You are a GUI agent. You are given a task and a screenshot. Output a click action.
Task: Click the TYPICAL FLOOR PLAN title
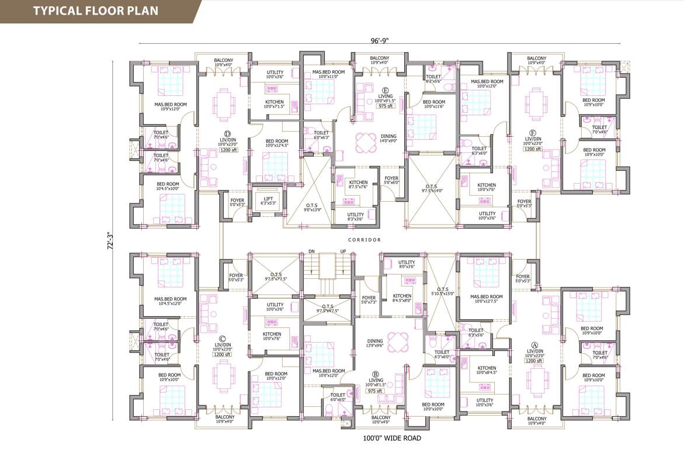click(95, 11)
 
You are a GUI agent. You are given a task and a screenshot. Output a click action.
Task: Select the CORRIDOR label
click(364, 240)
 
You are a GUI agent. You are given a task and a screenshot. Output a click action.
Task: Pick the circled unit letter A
click(533, 344)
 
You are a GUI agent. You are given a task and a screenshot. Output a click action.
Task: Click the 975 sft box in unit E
click(384, 106)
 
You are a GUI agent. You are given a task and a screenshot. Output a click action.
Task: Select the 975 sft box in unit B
click(374, 391)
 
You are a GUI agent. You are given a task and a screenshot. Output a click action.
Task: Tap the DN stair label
click(311, 252)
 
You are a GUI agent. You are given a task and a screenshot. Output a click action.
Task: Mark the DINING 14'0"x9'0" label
click(388, 139)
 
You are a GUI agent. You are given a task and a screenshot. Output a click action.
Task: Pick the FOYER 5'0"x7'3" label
click(369, 300)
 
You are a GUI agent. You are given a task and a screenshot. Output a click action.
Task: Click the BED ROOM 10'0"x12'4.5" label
click(277, 143)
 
